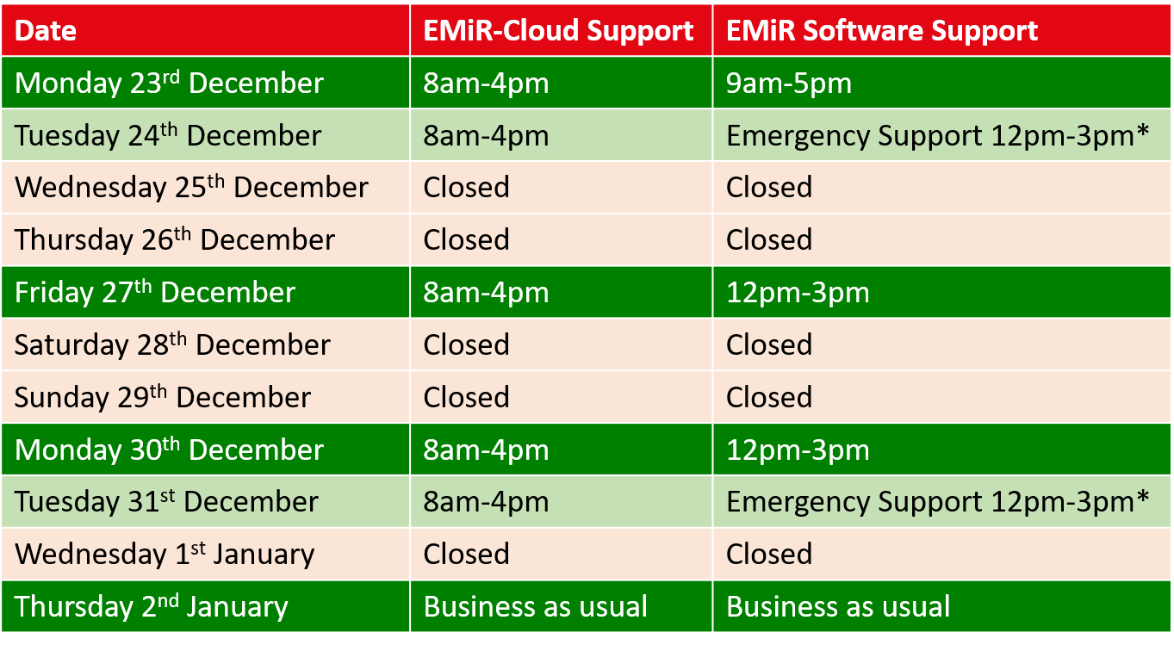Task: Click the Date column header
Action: point(46,30)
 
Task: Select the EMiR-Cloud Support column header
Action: point(558,32)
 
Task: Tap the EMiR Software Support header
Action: point(881,32)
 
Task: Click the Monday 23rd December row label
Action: point(169,83)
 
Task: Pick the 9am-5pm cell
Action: point(789,84)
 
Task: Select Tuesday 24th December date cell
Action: point(168,135)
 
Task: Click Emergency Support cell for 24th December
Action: point(937,136)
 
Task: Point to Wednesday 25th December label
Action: point(191,187)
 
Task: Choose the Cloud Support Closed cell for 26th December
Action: point(466,240)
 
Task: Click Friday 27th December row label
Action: point(155,292)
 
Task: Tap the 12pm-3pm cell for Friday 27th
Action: point(798,293)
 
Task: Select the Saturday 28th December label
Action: point(172,344)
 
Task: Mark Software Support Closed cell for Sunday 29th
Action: point(769,397)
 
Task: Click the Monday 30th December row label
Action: point(169,449)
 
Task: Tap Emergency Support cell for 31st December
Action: point(937,502)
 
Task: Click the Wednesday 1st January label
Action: point(165,554)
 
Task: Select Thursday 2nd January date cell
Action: point(151,606)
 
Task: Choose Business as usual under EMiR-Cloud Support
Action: point(535,607)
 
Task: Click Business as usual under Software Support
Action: point(838,607)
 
